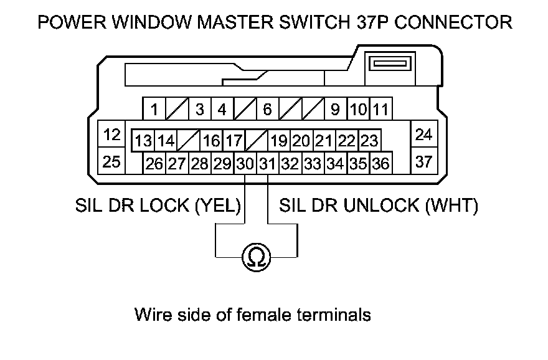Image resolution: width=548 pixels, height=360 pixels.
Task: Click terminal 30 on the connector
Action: (x=245, y=164)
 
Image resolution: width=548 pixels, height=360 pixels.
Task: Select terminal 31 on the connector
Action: (x=267, y=164)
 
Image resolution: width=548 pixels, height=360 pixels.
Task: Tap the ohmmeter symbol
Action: (x=256, y=257)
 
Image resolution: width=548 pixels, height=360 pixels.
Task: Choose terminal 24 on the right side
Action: (x=423, y=135)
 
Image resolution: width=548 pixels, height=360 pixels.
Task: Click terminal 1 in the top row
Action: (x=154, y=110)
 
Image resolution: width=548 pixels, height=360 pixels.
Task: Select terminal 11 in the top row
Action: (x=381, y=110)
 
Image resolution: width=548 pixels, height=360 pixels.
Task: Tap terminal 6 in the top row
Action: (x=267, y=110)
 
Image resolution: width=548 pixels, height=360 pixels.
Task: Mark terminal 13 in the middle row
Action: (x=143, y=141)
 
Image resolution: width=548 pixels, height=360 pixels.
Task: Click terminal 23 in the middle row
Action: (x=369, y=141)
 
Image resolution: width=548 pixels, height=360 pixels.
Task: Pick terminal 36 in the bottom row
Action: (x=380, y=164)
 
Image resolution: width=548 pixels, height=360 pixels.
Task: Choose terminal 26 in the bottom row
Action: (x=154, y=164)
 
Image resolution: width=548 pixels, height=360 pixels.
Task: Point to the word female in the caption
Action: (x=259, y=315)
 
